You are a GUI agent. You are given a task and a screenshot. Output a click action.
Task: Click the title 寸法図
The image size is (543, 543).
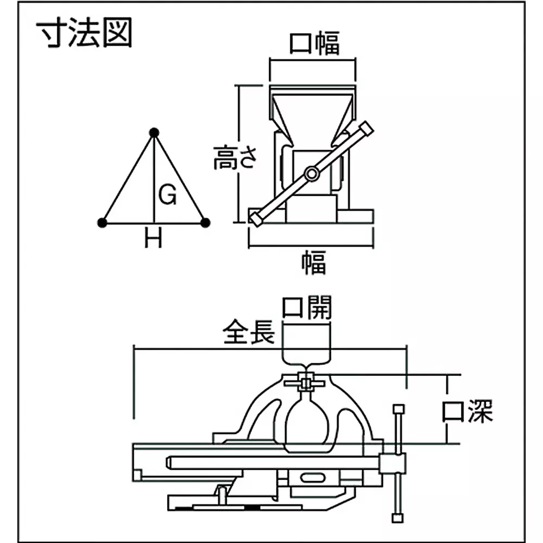pos(84,34)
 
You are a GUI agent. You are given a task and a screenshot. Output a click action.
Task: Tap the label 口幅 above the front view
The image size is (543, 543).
pos(314,45)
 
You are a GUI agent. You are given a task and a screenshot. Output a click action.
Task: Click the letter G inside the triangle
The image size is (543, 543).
pos(168,194)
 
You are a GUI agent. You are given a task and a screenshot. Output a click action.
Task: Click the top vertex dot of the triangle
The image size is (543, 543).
pos(154,132)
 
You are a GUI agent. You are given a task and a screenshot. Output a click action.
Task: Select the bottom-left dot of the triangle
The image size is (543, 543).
pos(102,222)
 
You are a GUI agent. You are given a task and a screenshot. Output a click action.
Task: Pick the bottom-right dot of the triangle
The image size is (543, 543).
pos(205,222)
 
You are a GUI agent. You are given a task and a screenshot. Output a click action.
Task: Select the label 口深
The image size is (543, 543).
pos(467,412)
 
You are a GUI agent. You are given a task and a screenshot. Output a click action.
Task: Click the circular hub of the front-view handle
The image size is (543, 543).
pos(311,174)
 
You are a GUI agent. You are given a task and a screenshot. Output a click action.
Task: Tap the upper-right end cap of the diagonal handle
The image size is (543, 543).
pos(367,129)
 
